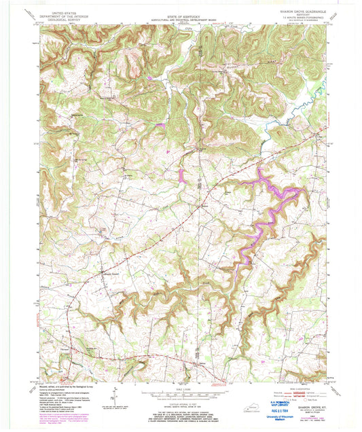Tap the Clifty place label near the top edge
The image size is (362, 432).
[x=180, y=29]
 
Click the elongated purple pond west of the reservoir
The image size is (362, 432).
[x=182, y=175]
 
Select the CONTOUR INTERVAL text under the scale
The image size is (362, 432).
[x=179, y=399]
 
